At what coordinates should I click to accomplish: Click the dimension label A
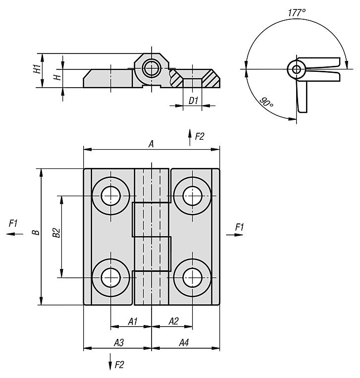click(x=152, y=144)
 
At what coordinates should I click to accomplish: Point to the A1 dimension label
click(x=132, y=322)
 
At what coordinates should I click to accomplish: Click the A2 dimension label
click(x=173, y=322)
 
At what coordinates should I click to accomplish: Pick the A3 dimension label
click(x=119, y=342)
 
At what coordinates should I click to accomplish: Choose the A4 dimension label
click(x=183, y=342)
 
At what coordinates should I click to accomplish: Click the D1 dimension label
click(x=194, y=101)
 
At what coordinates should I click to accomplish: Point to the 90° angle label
click(x=266, y=103)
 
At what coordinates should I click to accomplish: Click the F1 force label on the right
click(x=240, y=227)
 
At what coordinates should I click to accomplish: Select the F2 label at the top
click(x=199, y=137)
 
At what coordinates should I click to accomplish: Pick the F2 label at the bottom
click(x=119, y=365)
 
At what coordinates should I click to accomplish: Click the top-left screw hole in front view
click(x=111, y=196)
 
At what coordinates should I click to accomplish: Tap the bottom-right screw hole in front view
click(x=192, y=277)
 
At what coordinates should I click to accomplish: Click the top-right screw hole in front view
click(x=192, y=196)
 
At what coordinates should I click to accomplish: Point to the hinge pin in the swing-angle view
click(x=296, y=69)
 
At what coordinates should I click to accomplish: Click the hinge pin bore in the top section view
click(x=151, y=68)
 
